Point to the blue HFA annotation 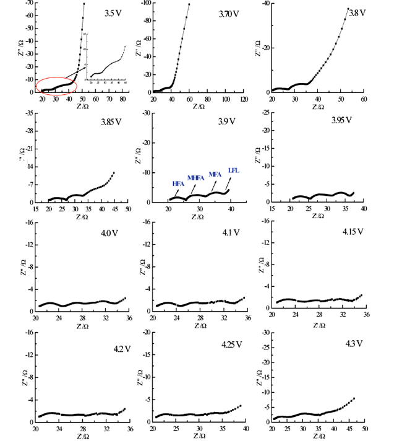(178, 184)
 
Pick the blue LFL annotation (233, 169)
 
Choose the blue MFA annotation (215, 174)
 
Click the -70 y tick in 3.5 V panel (28, 3)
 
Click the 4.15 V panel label (353, 232)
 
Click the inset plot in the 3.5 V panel (106, 57)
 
